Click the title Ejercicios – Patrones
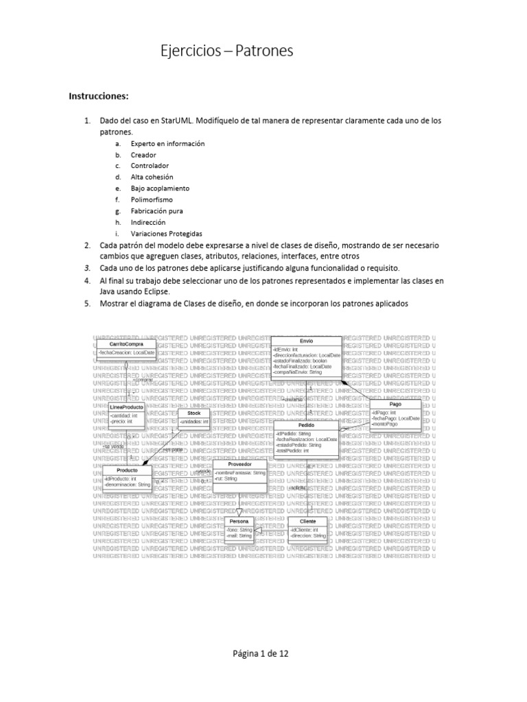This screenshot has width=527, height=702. [226, 51]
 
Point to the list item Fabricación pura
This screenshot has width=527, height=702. [156, 211]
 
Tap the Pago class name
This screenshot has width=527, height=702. [395, 404]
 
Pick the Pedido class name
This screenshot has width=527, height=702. [306, 425]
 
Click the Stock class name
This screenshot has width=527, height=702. [194, 413]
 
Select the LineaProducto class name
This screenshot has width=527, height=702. [126, 407]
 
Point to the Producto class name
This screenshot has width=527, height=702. [127, 470]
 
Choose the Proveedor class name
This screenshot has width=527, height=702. [239, 464]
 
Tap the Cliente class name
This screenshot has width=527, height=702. [308, 522]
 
